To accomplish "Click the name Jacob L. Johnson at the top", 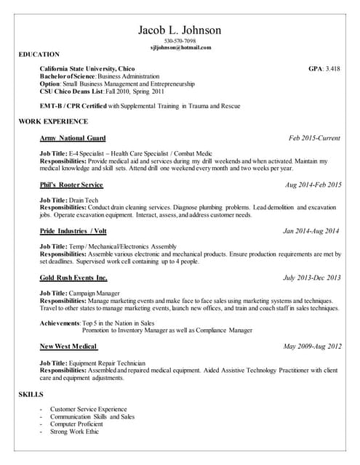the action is point(180,30).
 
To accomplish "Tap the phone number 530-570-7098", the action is point(180,41).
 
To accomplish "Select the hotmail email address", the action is point(180,47).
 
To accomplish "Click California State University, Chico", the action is point(87,69).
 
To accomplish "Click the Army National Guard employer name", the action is point(73,138).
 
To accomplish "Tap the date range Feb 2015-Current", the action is point(315,138).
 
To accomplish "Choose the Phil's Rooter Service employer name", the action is point(71,185).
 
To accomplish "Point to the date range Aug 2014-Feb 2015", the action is point(313,185).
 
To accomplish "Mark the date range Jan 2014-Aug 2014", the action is point(311,231).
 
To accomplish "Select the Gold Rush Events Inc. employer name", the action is point(73,278).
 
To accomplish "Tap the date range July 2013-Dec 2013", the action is point(311,278).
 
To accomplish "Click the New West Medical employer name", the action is point(69,346).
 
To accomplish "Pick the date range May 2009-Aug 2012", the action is point(312,346).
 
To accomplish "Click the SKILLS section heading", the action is point(31,395).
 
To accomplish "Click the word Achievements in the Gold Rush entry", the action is point(60,322).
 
